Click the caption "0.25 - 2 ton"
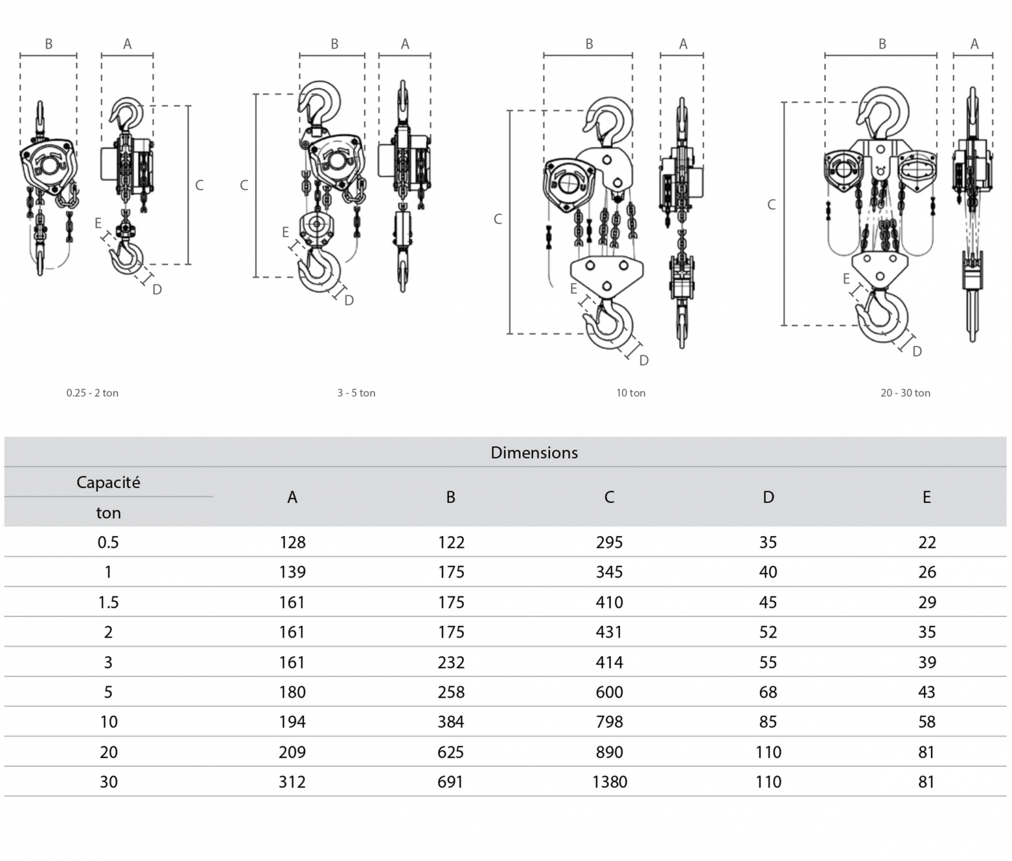point(92,393)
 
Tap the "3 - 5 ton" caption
point(356,393)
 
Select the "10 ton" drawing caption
point(630,393)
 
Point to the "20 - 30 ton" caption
point(905,393)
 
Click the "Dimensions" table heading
point(534,453)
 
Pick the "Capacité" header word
point(108,483)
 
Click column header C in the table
point(609,497)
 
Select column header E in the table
point(927,497)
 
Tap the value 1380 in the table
point(609,782)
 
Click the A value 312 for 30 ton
point(292,782)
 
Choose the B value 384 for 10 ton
point(451,722)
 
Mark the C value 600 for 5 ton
point(609,692)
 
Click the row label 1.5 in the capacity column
point(108,602)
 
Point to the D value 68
point(768,692)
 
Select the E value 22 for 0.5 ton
point(927,542)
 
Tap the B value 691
point(450,782)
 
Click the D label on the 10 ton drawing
point(644,360)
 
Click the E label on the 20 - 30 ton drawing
point(846,278)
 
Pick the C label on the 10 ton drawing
point(498,219)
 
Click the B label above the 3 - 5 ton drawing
point(335,44)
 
